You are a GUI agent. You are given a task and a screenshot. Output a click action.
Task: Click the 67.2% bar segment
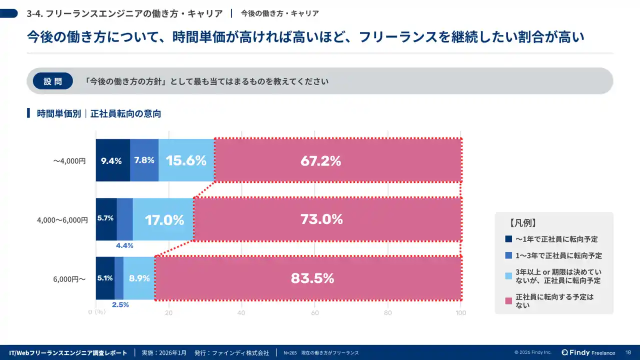tap(337, 161)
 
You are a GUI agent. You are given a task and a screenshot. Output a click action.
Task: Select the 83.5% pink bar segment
tap(308, 278)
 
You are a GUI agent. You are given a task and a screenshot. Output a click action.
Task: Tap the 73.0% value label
tap(321, 219)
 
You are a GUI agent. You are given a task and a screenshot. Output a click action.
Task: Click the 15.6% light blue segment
tap(186, 160)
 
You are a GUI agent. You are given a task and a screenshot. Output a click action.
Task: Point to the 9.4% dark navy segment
tap(112, 160)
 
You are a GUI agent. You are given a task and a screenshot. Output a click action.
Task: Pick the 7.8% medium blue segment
tap(144, 160)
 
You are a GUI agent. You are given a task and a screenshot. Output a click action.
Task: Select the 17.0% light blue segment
tap(164, 219)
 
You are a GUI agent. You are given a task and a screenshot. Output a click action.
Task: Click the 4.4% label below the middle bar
tap(124, 245)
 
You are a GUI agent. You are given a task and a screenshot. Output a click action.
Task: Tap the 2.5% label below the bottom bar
tap(120, 304)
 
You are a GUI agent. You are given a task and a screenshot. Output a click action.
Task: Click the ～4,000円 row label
tap(69, 161)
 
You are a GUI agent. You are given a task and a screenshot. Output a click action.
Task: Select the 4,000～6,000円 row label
tap(62, 220)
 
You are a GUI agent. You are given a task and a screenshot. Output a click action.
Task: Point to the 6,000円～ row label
tap(69, 279)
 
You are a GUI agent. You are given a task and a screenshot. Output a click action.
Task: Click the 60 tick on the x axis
tap(315, 313)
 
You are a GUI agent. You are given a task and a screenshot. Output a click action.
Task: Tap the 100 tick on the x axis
tap(460, 313)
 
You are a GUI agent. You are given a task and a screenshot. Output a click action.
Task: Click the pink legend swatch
tap(509, 300)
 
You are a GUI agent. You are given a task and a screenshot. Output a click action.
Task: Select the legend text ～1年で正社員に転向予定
tap(556, 239)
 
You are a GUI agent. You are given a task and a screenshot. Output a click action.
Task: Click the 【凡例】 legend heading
tap(523, 223)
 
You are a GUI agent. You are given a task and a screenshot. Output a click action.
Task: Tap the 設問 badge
tap(52, 81)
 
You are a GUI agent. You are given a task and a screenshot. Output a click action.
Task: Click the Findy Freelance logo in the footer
tap(588, 352)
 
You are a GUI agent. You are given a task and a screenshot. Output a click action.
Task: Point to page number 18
tap(627, 352)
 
